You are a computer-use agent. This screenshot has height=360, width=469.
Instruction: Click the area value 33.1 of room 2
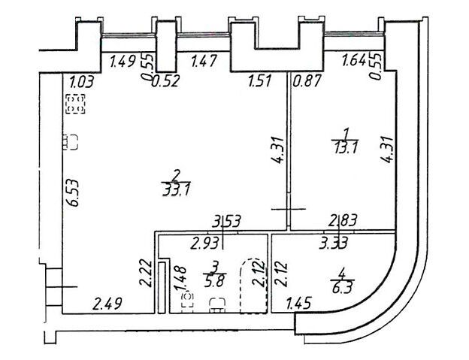pyautogui.click(x=176, y=189)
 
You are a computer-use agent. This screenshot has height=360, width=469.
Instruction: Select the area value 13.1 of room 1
pyautogui.click(x=346, y=147)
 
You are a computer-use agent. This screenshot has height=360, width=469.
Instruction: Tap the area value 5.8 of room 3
pyautogui.click(x=214, y=281)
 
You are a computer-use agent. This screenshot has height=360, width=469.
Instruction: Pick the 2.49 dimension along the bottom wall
pyautogui.click(x=107, y=304)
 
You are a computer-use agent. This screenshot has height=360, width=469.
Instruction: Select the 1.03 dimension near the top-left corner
pyautogui.click(x=82, y=82)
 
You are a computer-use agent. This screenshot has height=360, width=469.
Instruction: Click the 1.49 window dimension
pyautogui.click(x=124, y=62)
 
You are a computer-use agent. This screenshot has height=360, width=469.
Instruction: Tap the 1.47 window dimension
pyautogui.click(x=204, y=62)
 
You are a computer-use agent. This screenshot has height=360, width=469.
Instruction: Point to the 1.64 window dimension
pyautogui.click(x=354, y=61)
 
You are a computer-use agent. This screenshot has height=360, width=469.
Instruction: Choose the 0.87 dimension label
pyautogui.click(x=307, y=81)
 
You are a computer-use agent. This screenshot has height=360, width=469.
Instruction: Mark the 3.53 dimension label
pyautogui.click(x=225, y=222)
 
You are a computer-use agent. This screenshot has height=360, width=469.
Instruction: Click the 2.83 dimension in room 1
pyautogui.click(x=343, y=221)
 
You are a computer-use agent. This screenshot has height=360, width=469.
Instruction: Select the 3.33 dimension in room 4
pyautogui.click(x=333, y=243)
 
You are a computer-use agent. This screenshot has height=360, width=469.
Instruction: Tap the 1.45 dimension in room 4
pyautogui.click(x=299, y=303)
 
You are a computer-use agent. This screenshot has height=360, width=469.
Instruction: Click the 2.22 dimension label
pyautogui.click(x=146, y=274)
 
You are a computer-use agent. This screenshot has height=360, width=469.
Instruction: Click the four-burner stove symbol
pyautogui.click(x=75, y=104)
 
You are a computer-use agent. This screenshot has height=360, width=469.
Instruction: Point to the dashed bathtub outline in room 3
pyautogui.click(x=253, y=286)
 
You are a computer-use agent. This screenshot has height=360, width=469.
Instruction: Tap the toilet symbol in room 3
pyautogui.click(x=188, y=300)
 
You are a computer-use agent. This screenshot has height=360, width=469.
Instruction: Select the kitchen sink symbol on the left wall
pyautogui.click(x=71, y=142)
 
